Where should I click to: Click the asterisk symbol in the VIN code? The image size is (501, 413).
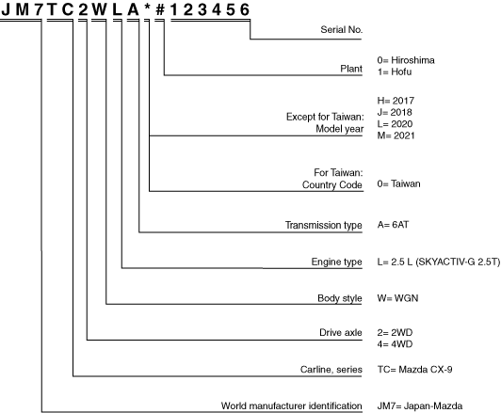coord(147,8)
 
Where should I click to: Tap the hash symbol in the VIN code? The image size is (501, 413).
coord(160,10)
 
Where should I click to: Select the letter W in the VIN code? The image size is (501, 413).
coord(100,10)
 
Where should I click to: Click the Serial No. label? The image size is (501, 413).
coord(342,30)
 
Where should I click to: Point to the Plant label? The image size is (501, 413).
coord(351,69)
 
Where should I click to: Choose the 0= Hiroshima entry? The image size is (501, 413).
coord(406,60)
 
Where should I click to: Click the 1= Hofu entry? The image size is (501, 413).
coord(395,71)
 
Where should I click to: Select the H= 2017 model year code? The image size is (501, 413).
coord(396,101)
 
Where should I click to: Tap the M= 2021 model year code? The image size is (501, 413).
coord(396,135)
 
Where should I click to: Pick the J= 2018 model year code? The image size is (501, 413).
coord(395,112)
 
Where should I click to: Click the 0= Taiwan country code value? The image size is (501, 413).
coord(398,183)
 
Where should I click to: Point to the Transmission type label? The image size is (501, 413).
coord(324,225)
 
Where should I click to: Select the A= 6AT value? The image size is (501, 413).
coord(393,225)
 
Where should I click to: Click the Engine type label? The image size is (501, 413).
coord(337,262)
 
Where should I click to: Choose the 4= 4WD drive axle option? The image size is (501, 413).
coord(395,344)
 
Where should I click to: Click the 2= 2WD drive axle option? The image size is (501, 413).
coord(395,333)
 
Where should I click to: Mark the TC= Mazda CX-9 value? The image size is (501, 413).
coord(414,370)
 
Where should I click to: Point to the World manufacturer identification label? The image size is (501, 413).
coord(291,406)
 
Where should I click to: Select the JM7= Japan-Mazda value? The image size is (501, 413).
coord(420,406)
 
